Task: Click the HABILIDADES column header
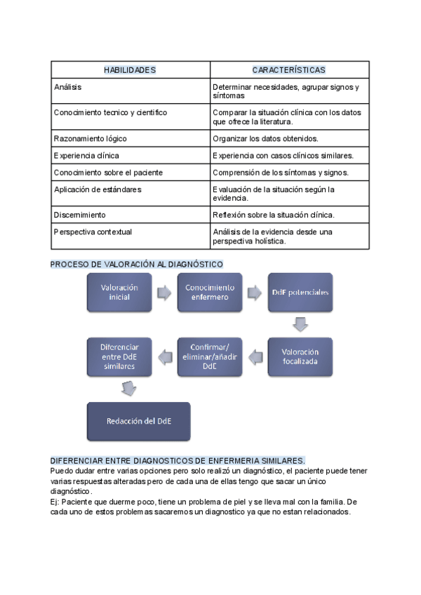pyautogui.click(x=130, y=70)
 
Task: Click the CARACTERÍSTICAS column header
pyautogui.click(x=289, y=70)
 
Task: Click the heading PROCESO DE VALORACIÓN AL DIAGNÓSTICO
pyautogui.click(x=137, y=264)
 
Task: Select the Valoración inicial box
pyautogui.click(x=119, y=293)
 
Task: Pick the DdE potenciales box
pyautogui.click(x=300, y=293)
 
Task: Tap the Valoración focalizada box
pyautogui.click(x=300, y=357)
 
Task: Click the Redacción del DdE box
pyautogui.click(x=139, y=421)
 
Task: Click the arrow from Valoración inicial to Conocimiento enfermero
pyautogui.click(x=164, y=293)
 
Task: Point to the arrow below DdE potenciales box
pyautogui.click(x=300, y=324)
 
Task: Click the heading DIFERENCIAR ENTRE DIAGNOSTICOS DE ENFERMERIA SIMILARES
pyautogui.click(x=178, y=460)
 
